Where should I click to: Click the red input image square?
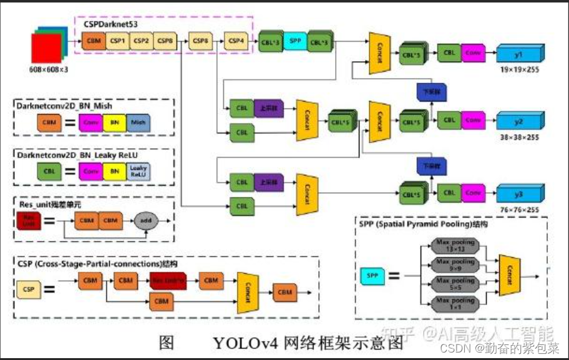coord(44,49)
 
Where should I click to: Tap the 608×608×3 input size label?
coord(48,70)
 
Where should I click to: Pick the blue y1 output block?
coord(517,54)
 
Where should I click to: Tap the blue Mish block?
coord(138,122)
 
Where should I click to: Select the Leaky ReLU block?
coord(139,171)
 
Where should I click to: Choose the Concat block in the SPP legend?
coord(510,275)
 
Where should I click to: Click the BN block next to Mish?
coord(115,122)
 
